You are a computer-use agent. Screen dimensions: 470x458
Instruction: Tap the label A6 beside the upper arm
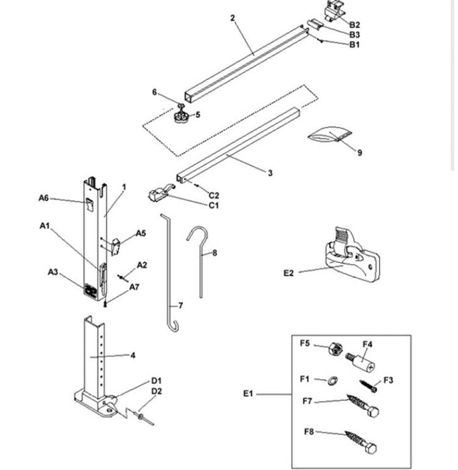coord(44,197)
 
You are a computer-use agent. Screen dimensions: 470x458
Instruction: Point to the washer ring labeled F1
coord(332,380)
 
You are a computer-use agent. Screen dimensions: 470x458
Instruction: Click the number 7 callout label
coord(180,305)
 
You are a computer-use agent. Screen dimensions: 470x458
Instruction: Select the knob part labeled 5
coord(180,117)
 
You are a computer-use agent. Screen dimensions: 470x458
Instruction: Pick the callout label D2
coord(156,391)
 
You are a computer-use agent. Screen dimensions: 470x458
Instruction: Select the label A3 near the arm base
coord(53,272)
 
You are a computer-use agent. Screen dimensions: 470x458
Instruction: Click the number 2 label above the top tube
coord(232,18)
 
